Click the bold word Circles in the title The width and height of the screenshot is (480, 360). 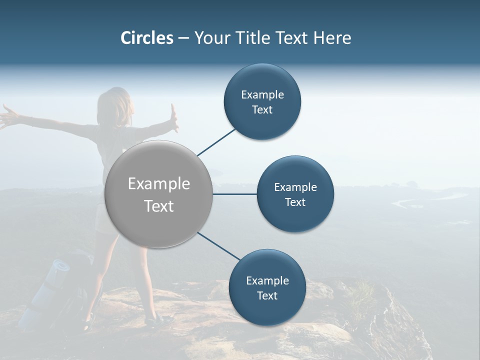146,38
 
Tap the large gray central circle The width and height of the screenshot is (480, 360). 158,194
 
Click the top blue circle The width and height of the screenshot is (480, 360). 262,101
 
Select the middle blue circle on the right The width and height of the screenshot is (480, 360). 295,194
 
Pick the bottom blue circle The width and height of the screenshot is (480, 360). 267,287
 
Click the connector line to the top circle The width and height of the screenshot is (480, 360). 216,141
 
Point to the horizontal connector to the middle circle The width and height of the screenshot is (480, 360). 234,194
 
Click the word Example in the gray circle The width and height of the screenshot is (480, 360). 158,184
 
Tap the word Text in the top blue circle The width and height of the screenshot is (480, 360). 262,110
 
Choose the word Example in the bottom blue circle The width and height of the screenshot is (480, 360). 267,280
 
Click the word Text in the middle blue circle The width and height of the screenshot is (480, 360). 295,202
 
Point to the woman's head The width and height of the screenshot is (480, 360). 115,105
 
